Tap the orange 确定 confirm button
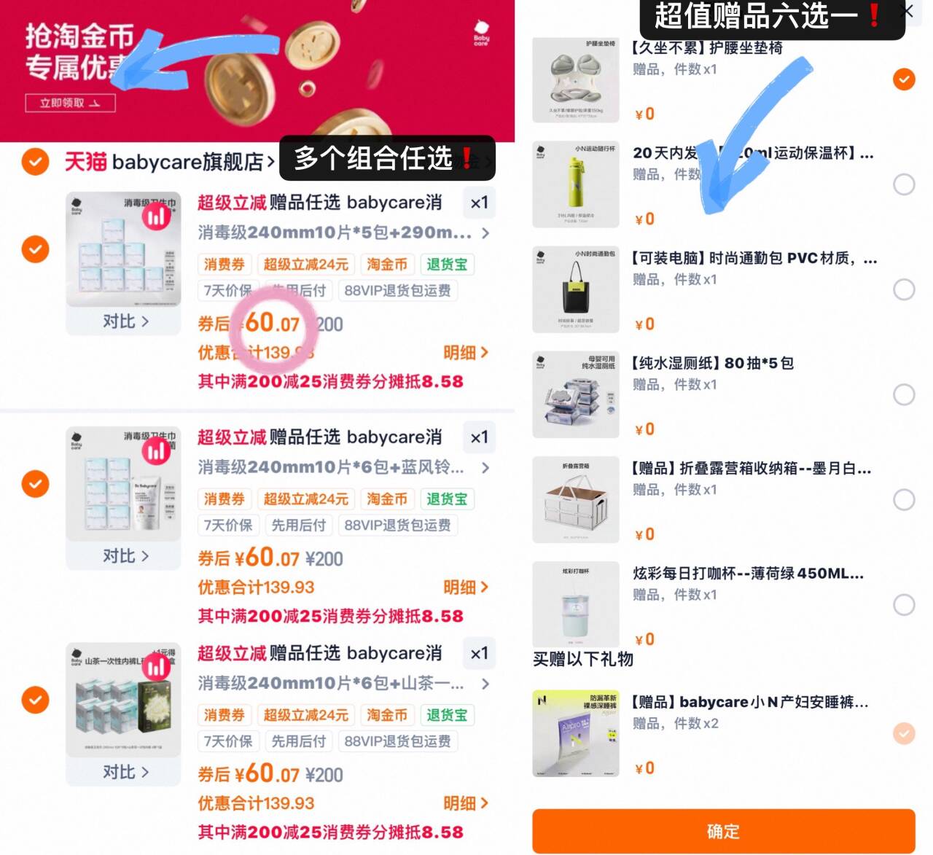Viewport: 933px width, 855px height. click(x=723, y=831)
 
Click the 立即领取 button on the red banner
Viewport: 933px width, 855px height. click(x=70, y=103)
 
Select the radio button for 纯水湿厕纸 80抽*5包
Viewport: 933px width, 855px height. click(x=904, y=394)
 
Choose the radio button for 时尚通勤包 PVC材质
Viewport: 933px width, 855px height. click(x=904, y=289)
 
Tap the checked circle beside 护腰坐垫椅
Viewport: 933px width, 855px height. click(x=904, y=79)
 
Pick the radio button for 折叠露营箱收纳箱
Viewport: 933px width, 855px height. click(x=904, y=499)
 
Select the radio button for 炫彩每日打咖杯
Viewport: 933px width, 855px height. click(x=904, y=604)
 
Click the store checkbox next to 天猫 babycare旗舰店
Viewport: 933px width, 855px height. click(x=35, y=161)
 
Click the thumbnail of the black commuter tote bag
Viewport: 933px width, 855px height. click(x=576, y=289)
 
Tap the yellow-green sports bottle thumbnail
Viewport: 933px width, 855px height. click(x=576, y=184)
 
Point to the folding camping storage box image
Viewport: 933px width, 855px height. click(x=576, y=499)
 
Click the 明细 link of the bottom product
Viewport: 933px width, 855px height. click(x=465, y=803)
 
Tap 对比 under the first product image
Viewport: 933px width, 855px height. click(x=125, y=321)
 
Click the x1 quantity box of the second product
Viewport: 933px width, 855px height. click(x=479, y=437)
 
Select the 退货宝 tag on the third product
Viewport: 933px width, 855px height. click(x=447, y=715)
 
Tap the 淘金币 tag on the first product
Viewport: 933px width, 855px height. click(x=387, y=264)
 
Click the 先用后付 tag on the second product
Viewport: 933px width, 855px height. click(x=298, y=525)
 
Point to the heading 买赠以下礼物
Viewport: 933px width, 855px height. click(x=583, y=659)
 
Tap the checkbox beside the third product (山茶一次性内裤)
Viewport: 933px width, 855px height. click(x=35, y=700)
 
